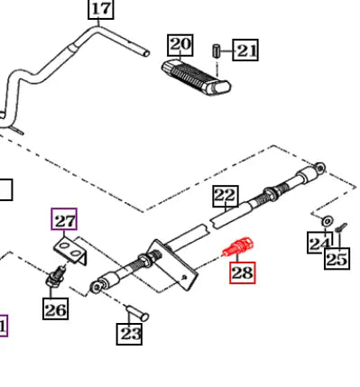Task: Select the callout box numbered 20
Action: tap(180, 45)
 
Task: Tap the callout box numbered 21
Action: tap(245, 50)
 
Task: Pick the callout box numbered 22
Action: tap(226, 196)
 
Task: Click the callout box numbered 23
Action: tap(129, 334)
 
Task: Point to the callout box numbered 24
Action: tap(318, 243)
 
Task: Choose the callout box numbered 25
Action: tap(337, 259)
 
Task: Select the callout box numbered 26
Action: tap(55, 309)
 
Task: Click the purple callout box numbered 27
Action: tap(64, 219)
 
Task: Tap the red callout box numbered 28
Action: tap(243, 272)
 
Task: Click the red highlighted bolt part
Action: tap(238, 246)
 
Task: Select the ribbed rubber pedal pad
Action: tap(196, 77)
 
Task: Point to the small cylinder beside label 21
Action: tap(217, 51)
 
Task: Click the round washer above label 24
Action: tap(328, 221)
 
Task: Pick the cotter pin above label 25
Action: tap(341, 227)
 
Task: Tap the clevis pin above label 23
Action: tap(137, 313)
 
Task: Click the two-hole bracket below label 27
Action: tap(71, 251)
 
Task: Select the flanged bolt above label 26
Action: tap(56, 276)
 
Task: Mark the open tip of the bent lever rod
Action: tap(146, 53)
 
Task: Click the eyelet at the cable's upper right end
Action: tap(320, 167)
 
